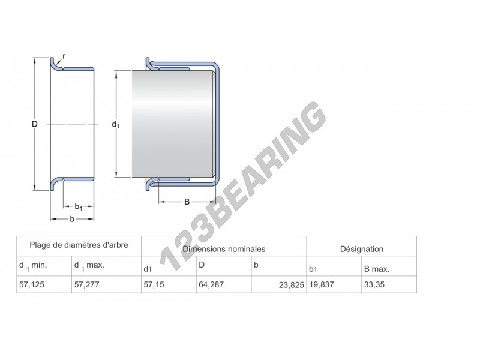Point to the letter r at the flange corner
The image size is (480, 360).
point(64,56)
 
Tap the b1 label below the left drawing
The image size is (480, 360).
point(78,206)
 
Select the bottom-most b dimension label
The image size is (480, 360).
point(72,219)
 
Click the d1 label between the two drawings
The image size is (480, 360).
point(116,125)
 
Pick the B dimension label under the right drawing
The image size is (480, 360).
point(187,202)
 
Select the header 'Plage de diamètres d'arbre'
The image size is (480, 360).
point(79,245)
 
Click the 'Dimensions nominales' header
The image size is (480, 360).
point(224,248)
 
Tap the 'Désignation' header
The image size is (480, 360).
point(361,248)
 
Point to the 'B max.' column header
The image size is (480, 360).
point(376,268)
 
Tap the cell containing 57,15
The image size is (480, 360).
point(154,285)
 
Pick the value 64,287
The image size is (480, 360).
point(211,285)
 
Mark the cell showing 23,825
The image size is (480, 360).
point(292,286)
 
